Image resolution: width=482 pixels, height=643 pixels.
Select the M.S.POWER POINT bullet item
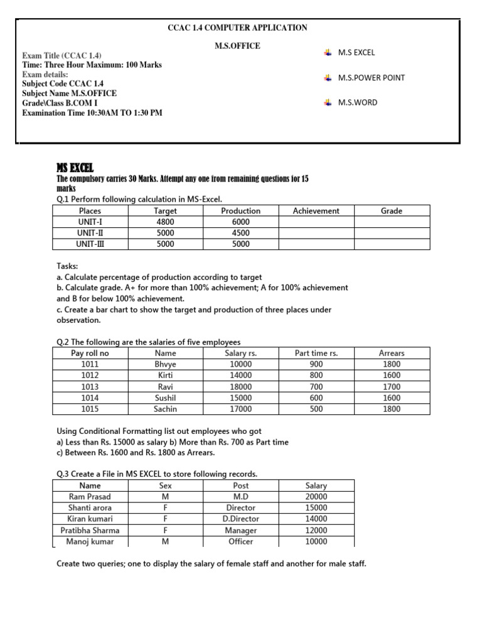(371, 78)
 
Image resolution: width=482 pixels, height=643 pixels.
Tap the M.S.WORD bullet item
(357, 102)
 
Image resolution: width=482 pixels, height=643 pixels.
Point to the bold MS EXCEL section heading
(74, 167)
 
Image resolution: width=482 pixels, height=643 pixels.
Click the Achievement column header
(316, 211)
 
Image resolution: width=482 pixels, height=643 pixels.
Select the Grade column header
(392, 211)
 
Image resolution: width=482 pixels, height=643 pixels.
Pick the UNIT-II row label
(90, 233)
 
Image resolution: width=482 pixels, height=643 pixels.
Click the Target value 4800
(166, 222)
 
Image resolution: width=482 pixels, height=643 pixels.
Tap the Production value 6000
(240, 222)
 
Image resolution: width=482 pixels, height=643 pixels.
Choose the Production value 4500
(240, 233)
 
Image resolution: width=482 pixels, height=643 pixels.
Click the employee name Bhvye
(166, 364)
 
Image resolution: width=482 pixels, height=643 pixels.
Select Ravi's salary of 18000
(240, 387)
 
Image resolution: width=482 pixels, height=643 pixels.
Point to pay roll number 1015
(90, 409)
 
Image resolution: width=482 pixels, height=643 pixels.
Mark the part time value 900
(316, 364)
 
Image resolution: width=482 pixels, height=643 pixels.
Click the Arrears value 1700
(392, 387)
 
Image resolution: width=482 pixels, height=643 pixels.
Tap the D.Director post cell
(240, 519)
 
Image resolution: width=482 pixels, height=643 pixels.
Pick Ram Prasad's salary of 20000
(316, 497)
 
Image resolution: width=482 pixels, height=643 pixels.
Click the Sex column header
(166, 485)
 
